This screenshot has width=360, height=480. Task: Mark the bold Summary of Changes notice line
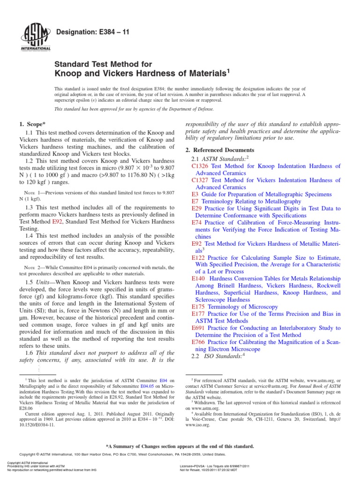(x=180, y=446)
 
